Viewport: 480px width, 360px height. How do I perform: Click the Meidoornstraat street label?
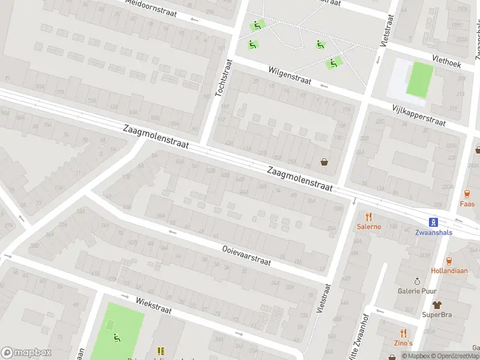coord(151,8)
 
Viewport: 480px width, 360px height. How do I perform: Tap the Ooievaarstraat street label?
coord(246,254)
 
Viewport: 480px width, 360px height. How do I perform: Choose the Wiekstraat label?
coord(154,306)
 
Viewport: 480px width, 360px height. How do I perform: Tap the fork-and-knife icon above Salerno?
coord(369,217)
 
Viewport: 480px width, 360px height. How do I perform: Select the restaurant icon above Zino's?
coord(403,333)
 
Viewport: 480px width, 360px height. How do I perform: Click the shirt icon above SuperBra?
coord(436,305)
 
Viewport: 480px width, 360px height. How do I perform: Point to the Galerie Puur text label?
coord(416,291)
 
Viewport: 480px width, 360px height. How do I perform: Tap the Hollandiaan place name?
coord(449,271)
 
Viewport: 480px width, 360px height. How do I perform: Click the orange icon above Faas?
coord(467,194)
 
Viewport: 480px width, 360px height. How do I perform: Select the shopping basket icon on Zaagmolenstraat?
coord(325,161)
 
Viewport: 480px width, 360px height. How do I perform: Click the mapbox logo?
coord(26,353)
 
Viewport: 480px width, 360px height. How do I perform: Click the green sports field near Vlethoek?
coord(419,79)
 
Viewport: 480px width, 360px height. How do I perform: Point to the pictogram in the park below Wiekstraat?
coord(116,337)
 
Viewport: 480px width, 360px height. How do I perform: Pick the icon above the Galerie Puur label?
coord(417,281)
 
